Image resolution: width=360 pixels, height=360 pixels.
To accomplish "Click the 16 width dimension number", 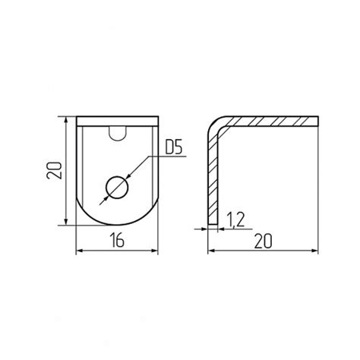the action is pyautogui.click(x=118, y=240).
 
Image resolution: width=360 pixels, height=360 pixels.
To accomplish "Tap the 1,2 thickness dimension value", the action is pyautogui.click(x=235, y=219).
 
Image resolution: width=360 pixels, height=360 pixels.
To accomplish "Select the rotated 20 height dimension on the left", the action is pyautogui.click(x=54, y=170).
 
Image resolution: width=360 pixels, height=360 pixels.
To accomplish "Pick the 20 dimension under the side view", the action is pyautogui.click(x=263, y=241).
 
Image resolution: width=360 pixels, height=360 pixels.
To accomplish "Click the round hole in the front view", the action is pyautogui.click(x=117, y=188).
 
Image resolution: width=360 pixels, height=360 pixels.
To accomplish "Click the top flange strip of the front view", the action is pyautogui.click(x=118, y=122).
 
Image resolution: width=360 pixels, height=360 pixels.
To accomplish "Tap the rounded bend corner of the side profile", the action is pyautogui.click(x=215, y=125).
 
